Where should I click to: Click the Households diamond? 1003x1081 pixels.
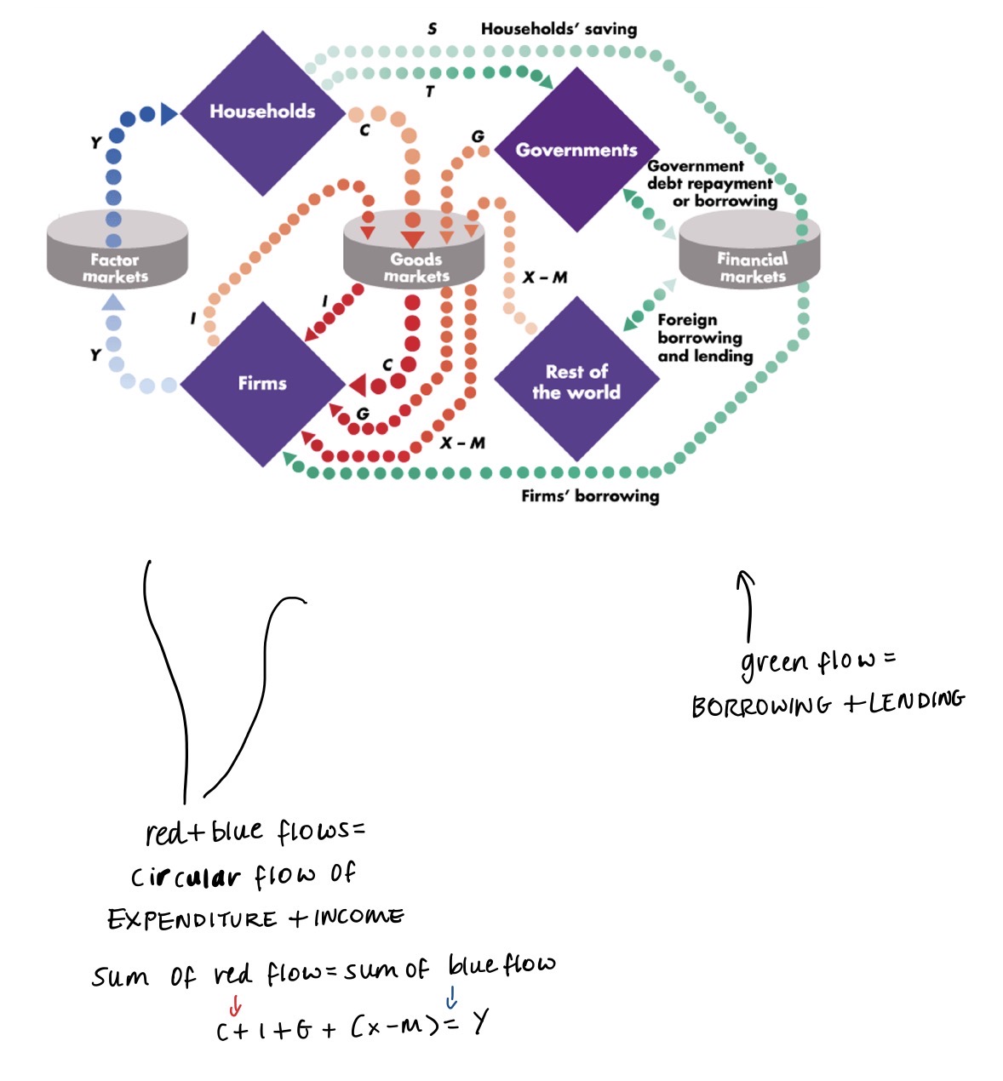click(262, 112)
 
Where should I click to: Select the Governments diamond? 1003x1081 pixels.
click(576, 150)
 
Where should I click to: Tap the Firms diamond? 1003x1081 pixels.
click(262, 383)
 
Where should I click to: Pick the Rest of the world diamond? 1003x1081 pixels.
click(576, 381)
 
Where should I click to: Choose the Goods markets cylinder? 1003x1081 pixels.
click(416, 255)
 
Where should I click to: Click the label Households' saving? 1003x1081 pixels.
click(559, 28)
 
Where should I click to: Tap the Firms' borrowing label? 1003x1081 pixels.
click(590, 495)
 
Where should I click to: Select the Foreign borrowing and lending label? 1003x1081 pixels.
click(705, 338)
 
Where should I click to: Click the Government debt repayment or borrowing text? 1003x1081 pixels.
click(712, 183)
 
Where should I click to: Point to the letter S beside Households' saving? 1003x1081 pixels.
click(433, 28)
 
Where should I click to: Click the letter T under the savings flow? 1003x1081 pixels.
click(431, 91)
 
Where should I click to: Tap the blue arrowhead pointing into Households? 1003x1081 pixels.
click(169, 113)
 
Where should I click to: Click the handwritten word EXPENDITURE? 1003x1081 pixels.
click(192, 919)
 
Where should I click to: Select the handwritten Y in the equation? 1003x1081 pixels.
click(481, 1022)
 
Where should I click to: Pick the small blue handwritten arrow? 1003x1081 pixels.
click(451, 998)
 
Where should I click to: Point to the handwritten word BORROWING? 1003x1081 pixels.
click(760, 706)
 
